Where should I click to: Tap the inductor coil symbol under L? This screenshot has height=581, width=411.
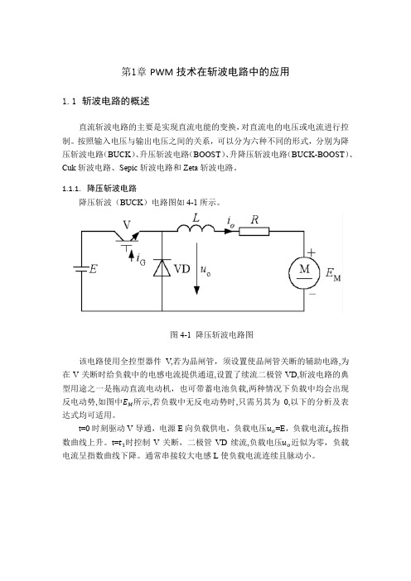click(x=196, y=228)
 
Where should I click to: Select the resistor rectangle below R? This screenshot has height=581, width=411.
click(x=254, y=232)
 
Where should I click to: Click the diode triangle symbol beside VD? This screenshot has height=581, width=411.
click(x=162, y=267)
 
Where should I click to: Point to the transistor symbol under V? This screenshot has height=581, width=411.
click(x=126, y=238)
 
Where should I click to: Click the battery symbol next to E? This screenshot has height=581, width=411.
click(x=81, y=269)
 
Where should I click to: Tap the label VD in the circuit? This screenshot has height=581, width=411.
click(x=181, y=269)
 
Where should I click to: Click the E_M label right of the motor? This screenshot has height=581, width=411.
click(x=333, y=275)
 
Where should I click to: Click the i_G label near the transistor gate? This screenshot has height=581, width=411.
click(x=141, y=258)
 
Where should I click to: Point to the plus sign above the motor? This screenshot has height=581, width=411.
click(x=312, y=252)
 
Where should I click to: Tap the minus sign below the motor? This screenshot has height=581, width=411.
click(x=312, y=294)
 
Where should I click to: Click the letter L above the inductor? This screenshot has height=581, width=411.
click(x=196, y=218)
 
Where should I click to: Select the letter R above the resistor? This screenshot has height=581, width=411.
click(x=254, y=219)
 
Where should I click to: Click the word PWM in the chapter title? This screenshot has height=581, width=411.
click(x=162, y=72)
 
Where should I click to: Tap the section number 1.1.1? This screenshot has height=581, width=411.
click(x=71, y=189)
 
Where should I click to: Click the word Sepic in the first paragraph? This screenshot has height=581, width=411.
click(x=128, y=168)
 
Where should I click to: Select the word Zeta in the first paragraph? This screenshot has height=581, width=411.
click(x=191, y=167)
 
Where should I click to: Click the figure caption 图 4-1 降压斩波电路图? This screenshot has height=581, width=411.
click(x=211, y=334)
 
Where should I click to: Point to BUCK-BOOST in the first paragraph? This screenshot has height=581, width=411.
click(x=318, y=155)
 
